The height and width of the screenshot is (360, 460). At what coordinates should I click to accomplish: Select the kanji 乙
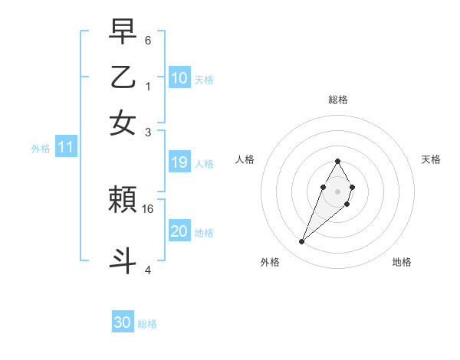123,78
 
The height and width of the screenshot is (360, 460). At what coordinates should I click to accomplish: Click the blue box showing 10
179,78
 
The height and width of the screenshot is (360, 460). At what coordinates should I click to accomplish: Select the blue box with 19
179,162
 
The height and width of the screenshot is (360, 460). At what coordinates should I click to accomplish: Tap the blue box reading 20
179,231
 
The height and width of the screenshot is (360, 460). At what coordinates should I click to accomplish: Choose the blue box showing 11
65,148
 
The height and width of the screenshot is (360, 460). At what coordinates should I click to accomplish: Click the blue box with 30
123,322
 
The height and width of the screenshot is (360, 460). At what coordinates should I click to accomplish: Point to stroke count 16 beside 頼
148,208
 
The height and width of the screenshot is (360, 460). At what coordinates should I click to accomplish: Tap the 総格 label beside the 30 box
147,324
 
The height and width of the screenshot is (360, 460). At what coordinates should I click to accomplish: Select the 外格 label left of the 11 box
41,149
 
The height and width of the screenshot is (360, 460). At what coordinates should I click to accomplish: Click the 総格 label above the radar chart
337,100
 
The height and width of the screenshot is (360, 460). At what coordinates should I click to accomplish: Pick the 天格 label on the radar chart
432,159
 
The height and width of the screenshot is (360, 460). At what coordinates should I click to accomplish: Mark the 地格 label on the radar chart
402,263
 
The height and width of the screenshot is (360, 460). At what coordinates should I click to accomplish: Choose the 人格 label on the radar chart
245,159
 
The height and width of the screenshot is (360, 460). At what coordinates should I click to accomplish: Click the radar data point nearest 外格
302,242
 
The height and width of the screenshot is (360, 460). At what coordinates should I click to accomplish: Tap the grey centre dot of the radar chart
337,191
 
